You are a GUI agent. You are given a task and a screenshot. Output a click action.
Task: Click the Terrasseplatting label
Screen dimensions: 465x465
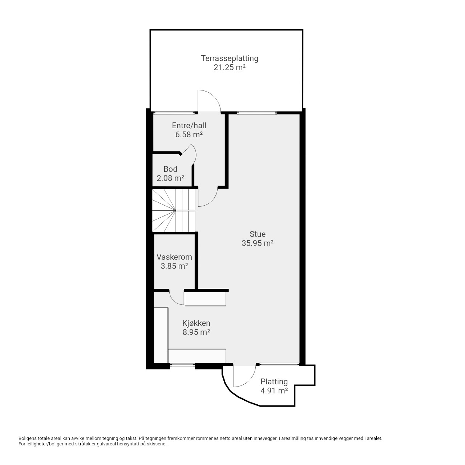(x=230, y=58)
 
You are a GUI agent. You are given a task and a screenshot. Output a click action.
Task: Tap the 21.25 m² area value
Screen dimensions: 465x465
(x=230, y=67)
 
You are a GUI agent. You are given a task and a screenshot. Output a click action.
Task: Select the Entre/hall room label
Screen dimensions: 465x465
(x=189, y=125)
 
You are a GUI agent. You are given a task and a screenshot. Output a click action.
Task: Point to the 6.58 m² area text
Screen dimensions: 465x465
(x=189, y=135)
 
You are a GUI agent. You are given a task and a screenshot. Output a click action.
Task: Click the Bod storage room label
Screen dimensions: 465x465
(x=170, y=169)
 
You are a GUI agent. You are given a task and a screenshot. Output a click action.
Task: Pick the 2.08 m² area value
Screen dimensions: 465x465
(x=170, y=178)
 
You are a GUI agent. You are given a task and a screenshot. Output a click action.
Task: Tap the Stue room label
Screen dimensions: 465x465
(x=258, y=234)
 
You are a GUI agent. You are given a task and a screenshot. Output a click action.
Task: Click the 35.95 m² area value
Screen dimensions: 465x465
(x=258, y=243)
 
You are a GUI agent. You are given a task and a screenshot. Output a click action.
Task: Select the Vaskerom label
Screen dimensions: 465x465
(x=174, y=257)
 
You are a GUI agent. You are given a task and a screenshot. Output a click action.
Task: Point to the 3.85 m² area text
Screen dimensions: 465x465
(x=174, y=266)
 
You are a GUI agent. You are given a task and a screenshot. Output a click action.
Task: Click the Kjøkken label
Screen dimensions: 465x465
(x=196, y=323)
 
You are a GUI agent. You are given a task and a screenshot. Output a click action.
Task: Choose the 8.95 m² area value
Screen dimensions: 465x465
(x=196, y=332)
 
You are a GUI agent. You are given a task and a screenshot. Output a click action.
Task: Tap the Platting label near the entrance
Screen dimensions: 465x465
(x=274, y=381)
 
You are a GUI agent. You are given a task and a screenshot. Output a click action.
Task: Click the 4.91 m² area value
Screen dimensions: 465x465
(x=274, y=391)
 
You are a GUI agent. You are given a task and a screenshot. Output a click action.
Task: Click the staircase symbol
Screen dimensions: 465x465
(x=174, y=210)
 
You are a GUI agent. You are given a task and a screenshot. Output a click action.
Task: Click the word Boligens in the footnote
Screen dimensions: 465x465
(x=28, y=438)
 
